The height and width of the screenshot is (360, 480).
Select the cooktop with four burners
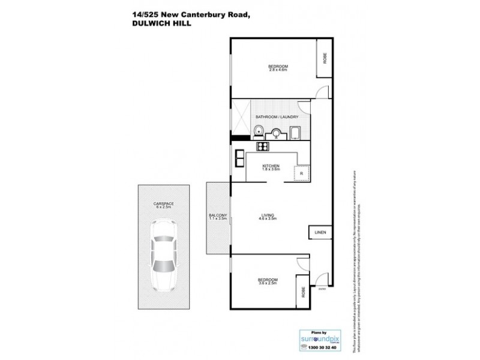point(263,146)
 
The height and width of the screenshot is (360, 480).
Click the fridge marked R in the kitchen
point(301,174)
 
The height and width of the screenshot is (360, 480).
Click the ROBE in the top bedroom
point(325,59)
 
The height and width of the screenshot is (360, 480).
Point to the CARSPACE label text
point(163,204)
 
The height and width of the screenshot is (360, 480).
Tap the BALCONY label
point(217,215)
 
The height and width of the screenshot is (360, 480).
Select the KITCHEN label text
point(272,165)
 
